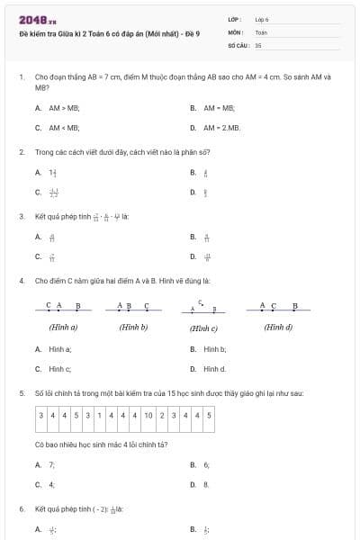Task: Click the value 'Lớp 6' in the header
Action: click(262, 19)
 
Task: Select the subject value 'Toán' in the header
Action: click(261, 31)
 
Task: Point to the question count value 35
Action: click(258, 44)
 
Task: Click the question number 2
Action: click(21, 151)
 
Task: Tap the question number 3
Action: click(21, 216)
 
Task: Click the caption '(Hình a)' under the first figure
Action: click(63, 327)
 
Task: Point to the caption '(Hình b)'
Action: click(133, 327)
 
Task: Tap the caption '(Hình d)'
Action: click(278, 327)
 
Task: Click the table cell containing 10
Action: click(148, 415)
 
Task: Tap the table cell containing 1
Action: click(98, 415)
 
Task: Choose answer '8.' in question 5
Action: click(206, 484)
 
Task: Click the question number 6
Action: click(21, 508)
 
